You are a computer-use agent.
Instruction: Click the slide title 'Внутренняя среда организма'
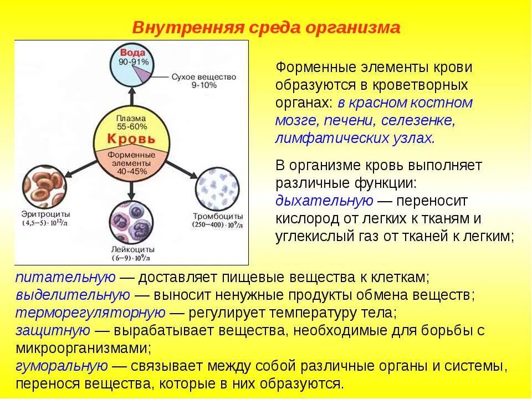pos(265,28)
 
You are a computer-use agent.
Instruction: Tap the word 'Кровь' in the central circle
pos(131,138)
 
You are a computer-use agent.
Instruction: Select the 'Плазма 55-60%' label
pos(131,122)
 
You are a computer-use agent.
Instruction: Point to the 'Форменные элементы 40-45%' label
pos(131,163)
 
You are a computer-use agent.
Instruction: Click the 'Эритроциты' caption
pos(45,214)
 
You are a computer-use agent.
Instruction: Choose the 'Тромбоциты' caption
pos(218,216)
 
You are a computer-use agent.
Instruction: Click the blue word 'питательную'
pos(65,277)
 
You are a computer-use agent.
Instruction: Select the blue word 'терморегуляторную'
pos(90,313)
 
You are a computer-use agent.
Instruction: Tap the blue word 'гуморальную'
pos(62,366)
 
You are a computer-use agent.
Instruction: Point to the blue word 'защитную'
pos(53,330)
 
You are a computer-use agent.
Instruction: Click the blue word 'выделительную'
pos(73,294)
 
